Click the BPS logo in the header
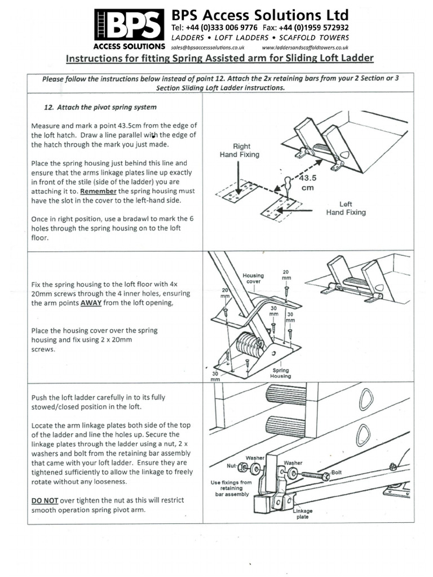(x=130, y=25)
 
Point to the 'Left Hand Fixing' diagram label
(x=346, y=208)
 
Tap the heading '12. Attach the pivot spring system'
(x=100, y=106)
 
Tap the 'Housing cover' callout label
(x=253, y=278)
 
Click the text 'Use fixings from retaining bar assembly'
(x=232, y=488)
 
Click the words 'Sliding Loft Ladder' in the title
(x=326, y=59)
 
